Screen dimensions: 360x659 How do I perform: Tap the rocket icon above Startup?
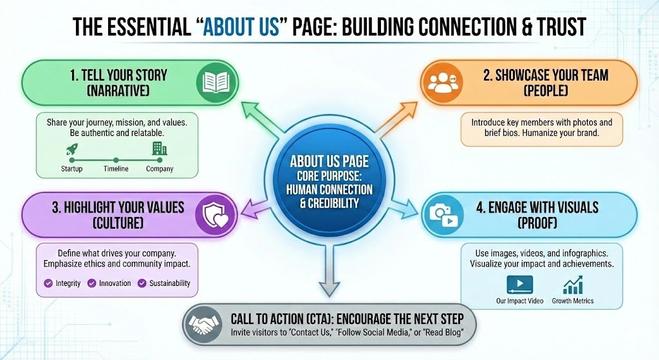click(x=71, y=149)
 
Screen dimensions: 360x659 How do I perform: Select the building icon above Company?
click(x=158, y=149)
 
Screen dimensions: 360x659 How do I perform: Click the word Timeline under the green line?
click(x=116, y=169)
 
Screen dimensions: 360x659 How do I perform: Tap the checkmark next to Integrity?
click(x=48, y=283)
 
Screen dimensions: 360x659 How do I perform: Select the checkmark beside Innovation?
click(x=91, y=283)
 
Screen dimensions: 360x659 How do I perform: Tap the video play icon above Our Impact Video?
click(x=519, y=284)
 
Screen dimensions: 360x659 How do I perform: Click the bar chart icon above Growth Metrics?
click(x=572, y=284)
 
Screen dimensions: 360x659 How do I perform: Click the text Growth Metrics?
click(x=573, y=301)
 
